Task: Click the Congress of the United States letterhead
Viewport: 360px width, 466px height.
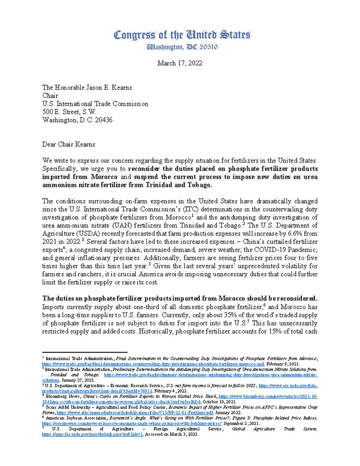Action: pyautogui.click(x=182, y=35)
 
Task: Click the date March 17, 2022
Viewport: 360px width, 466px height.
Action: pyautogui.click(x=180, y=63)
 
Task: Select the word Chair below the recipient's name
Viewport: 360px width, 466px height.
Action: pyautogui.click(x=51, y=96)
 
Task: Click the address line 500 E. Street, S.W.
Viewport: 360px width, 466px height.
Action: pyautogui.click(x=69, y=112)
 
